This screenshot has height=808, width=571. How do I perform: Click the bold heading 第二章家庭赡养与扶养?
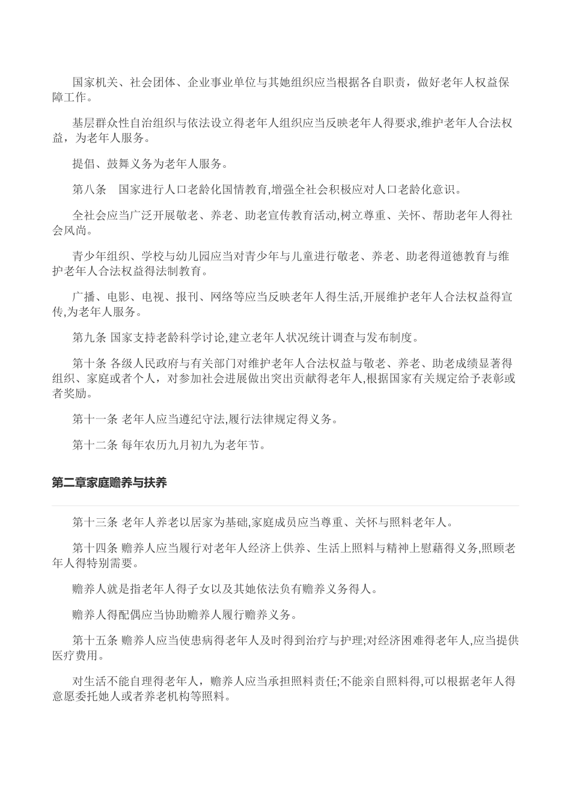coord(109,483)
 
